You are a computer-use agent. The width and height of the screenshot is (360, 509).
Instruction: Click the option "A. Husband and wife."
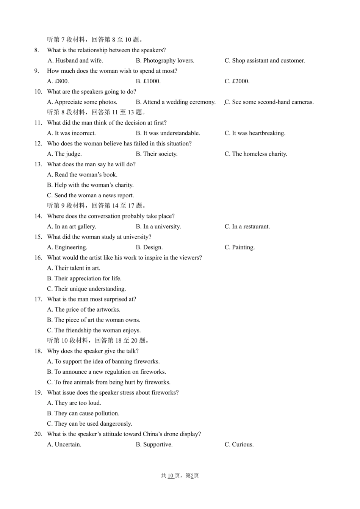75,61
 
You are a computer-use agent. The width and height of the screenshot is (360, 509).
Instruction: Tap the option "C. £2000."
237,81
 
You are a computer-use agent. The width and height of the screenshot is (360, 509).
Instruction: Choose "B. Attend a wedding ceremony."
175,102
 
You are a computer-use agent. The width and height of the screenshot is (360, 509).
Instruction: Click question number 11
38,123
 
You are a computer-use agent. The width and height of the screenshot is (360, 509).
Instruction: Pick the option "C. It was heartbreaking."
255,133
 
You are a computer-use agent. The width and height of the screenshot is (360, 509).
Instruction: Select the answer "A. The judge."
64,154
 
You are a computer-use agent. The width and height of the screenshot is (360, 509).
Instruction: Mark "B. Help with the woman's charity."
90,185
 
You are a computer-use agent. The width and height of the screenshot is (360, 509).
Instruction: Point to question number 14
38,216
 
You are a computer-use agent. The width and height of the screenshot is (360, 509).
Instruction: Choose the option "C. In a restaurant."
247,227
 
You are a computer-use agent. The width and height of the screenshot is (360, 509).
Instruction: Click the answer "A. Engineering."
67,248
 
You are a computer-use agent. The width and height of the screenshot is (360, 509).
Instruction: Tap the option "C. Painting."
239,248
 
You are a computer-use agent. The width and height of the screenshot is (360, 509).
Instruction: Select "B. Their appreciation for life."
84,279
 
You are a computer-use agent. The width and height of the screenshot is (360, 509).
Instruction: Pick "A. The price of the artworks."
83,310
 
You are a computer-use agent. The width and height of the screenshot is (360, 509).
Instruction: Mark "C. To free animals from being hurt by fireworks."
108,383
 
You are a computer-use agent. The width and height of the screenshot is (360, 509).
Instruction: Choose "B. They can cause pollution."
83,414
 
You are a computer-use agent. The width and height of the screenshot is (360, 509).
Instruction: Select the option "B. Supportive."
154,445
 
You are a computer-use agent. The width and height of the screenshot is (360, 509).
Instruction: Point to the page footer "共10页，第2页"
180,476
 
